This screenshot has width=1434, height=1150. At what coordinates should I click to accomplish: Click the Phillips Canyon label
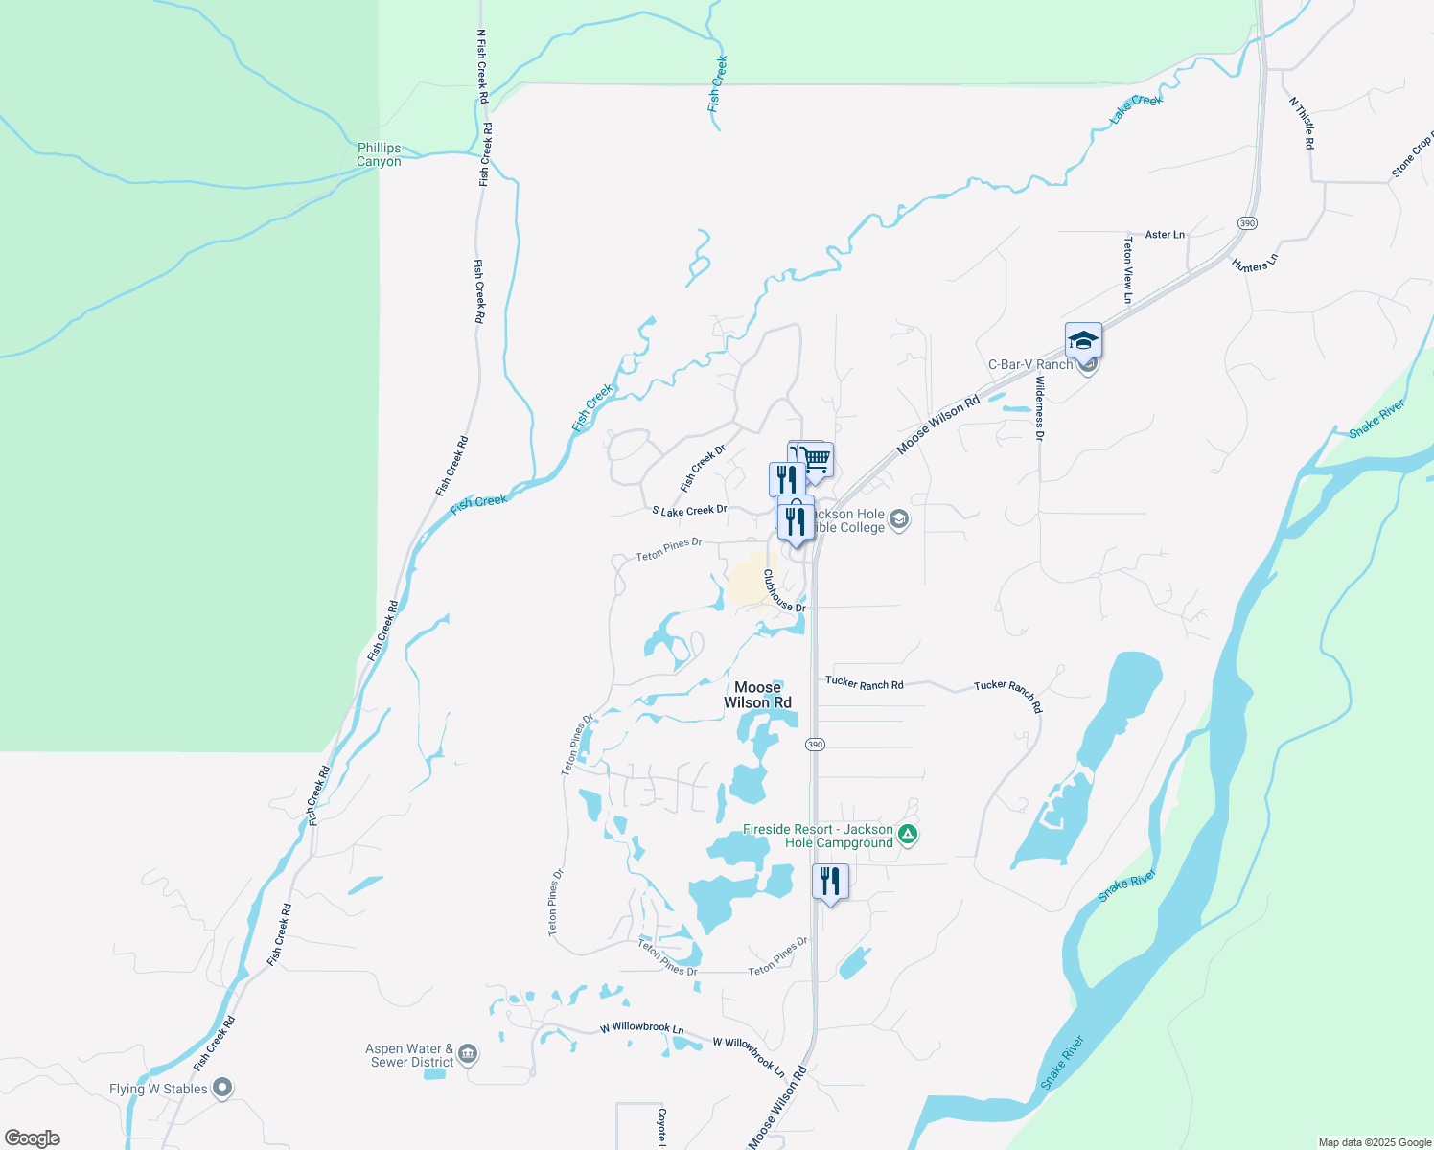(x=379, y=154)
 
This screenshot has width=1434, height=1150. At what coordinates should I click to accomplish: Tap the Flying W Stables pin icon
(x=222, y=1088)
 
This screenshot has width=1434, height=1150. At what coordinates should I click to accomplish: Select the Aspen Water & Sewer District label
(x=411, y=1055)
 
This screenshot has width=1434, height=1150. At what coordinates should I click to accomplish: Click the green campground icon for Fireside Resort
(x=908, y=835)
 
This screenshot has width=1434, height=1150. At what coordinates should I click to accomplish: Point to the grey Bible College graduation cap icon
(x=898, y=519)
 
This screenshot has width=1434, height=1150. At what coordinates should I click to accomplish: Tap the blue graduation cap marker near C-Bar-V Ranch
(x=1083, y=342)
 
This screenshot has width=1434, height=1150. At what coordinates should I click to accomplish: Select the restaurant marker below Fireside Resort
(x=830, y=882)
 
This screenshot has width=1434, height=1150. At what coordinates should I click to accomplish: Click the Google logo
(x=32, y=1138)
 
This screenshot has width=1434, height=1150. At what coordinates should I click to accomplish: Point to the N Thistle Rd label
(x=1302, y=123)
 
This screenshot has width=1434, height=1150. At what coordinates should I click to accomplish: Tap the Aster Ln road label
(x=1165, y=235)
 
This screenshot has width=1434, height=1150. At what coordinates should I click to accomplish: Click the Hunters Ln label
(x=1255, y=263)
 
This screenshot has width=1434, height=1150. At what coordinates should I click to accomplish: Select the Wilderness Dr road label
(x=1039, y=408)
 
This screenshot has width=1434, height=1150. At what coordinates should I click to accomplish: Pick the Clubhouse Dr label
(x=784, y=591)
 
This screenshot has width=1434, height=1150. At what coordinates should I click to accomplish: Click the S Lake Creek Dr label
(x=689, y=511)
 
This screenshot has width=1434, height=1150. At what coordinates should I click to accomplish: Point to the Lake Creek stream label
(x=1136, y=107)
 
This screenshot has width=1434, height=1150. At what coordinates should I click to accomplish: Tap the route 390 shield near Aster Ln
(x=1246, y=223)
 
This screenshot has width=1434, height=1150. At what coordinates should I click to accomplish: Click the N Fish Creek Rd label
(x=482, y=66)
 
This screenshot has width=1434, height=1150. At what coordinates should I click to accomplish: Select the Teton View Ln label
(x=1127, y=271)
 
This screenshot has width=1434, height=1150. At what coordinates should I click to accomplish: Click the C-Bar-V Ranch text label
(x=1030, y=365)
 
